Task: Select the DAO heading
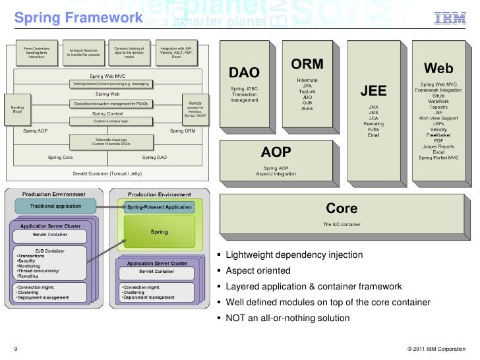coord(244,71)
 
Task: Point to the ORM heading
coord(307,65)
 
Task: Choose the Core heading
coord(342,208)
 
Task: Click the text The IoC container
coord(342,224)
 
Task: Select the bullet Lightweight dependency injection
coord(294,256)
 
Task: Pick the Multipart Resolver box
coord(83,53)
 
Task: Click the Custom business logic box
coord(110,122)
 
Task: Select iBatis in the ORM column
coord(307,109)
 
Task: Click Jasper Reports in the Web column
coord(438,146)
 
